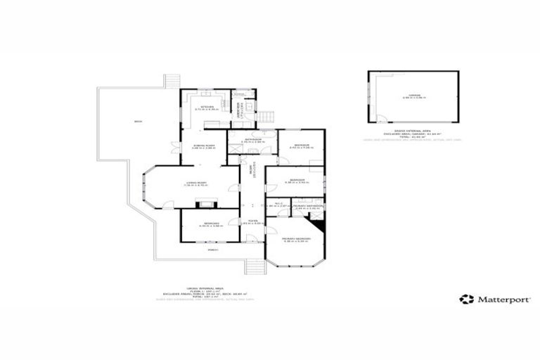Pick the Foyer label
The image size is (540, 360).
[251, 221]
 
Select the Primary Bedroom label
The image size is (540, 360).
[296, 239]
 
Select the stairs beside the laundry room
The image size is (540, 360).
[266, 117]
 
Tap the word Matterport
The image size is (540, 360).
[498, 299]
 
